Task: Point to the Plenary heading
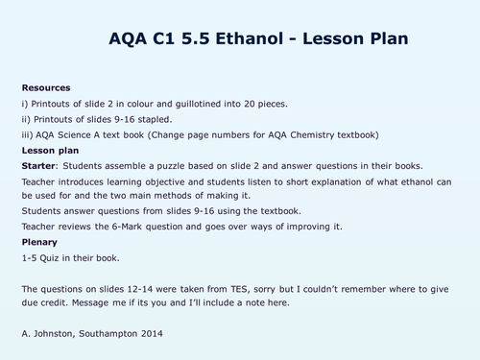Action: [x=37, y=243]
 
